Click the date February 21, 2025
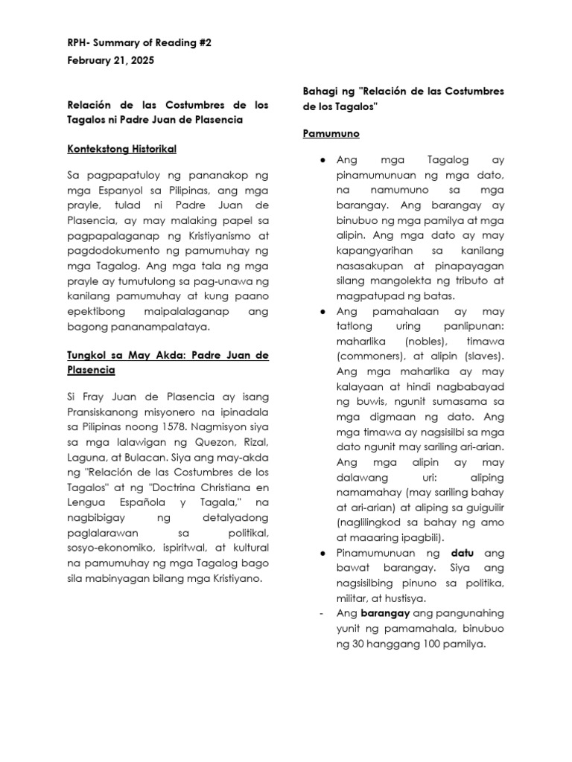point(111,61)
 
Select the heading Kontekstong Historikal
point(122,149)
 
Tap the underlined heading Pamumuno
point(331,134)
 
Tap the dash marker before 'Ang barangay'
point(320,613)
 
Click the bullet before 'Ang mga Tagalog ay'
point(320,159)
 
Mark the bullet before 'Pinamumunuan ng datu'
point(320,554)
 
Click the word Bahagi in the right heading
point(321,91)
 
